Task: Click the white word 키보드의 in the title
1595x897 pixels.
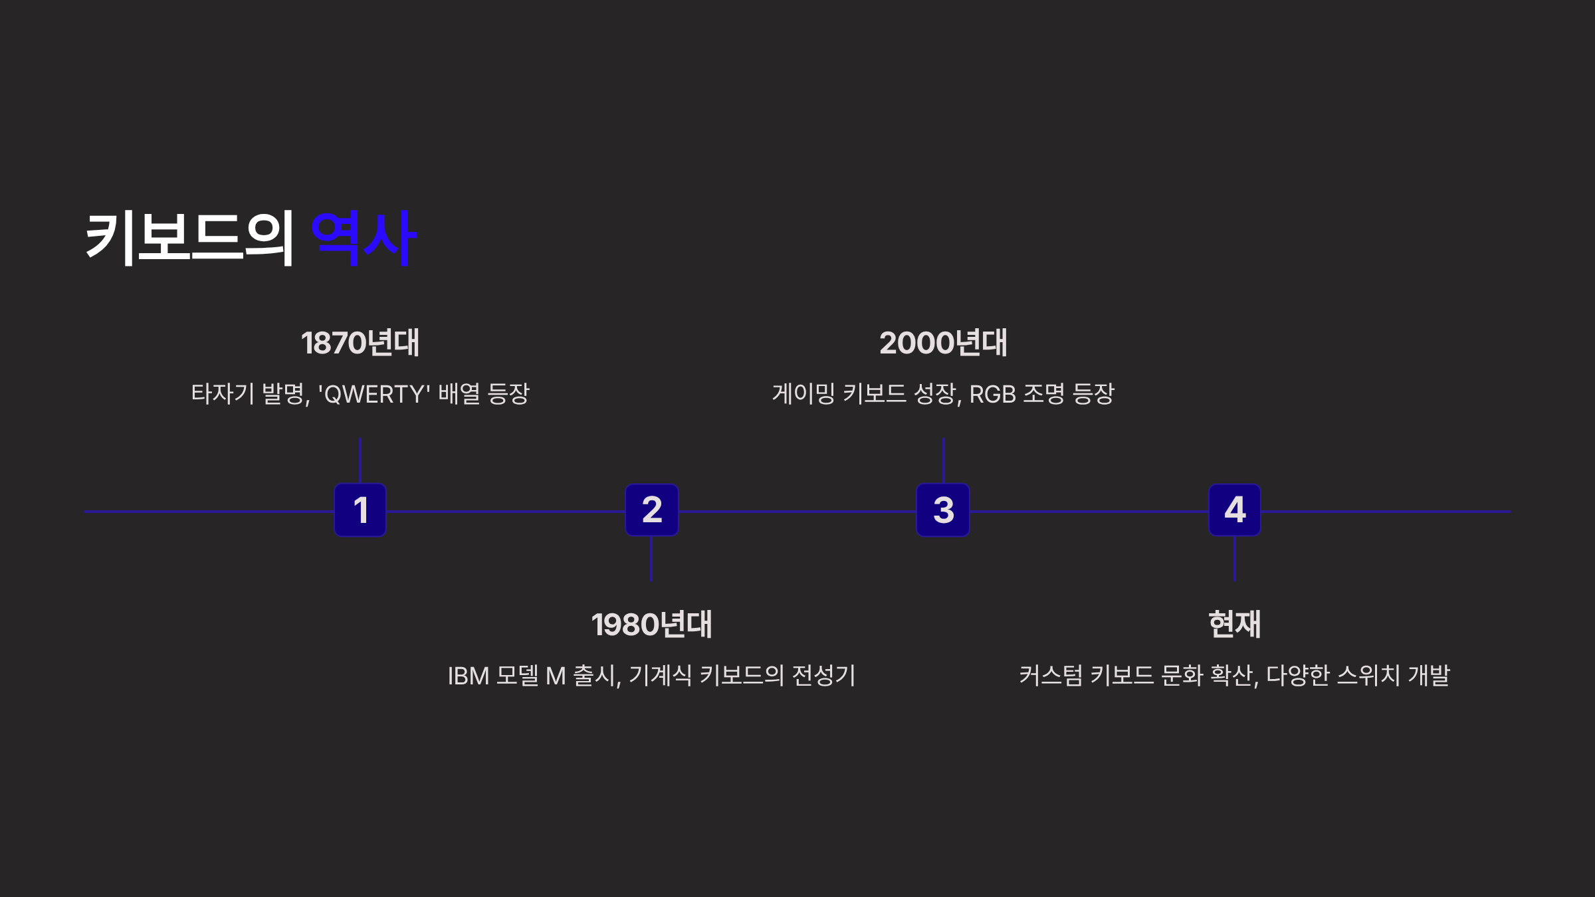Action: pos(190,239)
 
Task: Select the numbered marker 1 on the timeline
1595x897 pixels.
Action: pos(360,510)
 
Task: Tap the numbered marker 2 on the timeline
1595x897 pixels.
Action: pos(651,510)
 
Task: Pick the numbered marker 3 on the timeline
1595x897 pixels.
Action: pos(943,510)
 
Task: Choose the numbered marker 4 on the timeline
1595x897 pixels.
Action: pos(1235,510)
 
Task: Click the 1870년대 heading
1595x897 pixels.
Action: pos(360,344)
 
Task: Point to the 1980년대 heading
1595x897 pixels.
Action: pos(651,625)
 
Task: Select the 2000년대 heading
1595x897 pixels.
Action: pos(943,344)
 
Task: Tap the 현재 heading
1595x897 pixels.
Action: pos(1235,625)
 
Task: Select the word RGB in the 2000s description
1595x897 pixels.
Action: pos(993,395)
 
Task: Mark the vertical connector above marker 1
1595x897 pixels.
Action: pos(360,460)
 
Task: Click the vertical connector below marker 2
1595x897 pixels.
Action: pos(651,559)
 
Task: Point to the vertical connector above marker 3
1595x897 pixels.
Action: pos(943,460)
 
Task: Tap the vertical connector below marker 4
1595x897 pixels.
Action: pos(1235,559)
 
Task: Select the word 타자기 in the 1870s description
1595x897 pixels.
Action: pos(223,394)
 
